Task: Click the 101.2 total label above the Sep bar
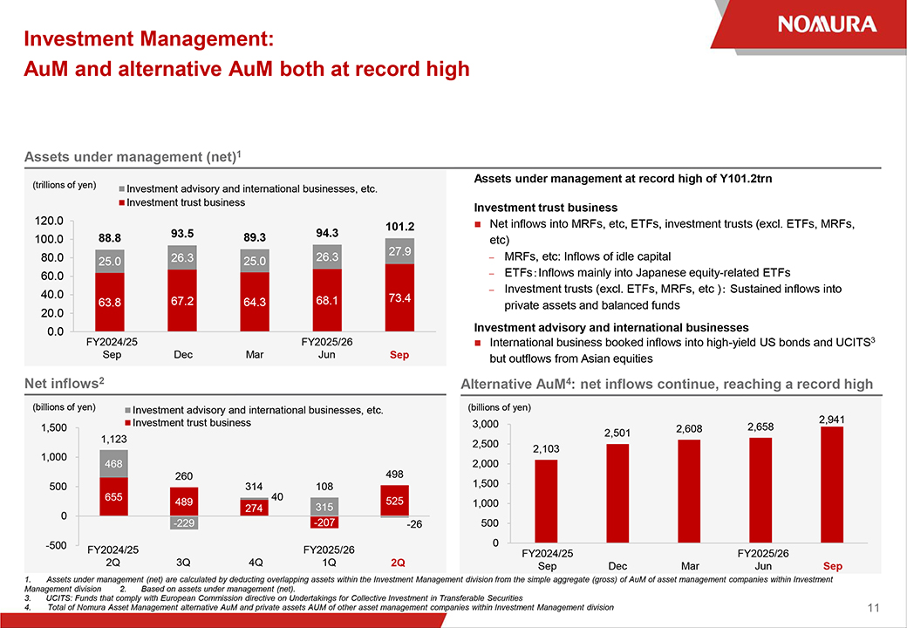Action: [399, 226]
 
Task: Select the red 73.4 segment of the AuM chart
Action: [399, 297]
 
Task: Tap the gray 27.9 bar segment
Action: [399, 251]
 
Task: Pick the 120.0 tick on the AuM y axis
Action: [49, 221]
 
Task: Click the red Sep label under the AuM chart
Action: [399, 356]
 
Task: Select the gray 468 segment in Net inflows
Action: [113, 464]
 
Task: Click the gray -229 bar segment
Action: [184, 522]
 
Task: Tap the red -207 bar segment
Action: [324, 522]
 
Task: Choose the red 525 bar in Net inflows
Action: [395, 501]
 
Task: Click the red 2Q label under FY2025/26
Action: [398, 563]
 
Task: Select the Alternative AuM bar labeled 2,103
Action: [546, 501]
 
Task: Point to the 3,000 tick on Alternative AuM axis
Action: [486, 425]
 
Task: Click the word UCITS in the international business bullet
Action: [849, 343]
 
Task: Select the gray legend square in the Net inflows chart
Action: [127, 410]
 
